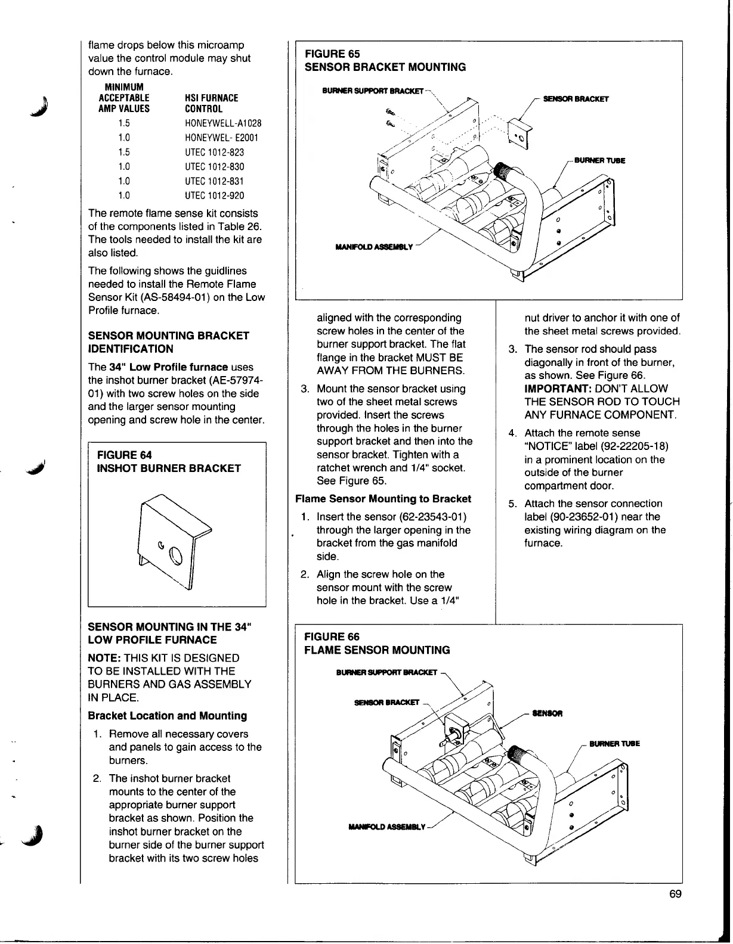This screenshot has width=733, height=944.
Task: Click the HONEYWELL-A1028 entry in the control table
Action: [223, 123]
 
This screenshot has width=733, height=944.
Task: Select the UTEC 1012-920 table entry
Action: [214, 195]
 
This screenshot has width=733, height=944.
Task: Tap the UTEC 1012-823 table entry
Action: [214, 153]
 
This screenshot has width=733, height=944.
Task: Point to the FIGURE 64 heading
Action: [124, 455]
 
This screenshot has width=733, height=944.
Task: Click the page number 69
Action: [675, 894]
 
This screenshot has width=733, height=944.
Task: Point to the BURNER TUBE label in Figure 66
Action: [614, 744]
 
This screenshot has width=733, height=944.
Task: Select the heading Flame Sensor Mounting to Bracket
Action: [383, 499]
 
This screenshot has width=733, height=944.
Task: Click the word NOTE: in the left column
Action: [105, 658]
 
